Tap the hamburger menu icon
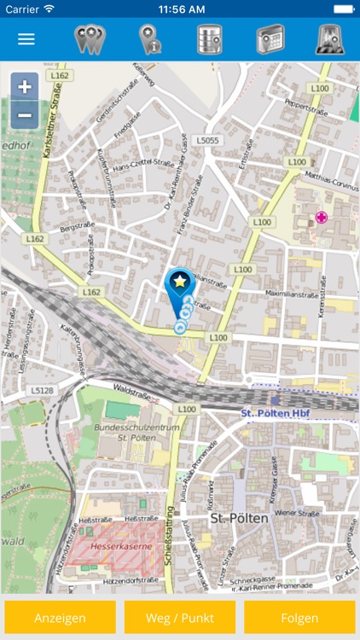26,39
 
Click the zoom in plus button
25,87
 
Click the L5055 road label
207,140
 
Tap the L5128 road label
42,391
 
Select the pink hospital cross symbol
322,218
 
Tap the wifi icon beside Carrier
49,8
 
